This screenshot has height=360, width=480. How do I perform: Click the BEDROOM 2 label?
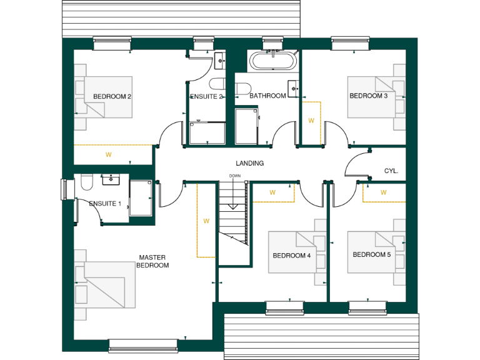coord(112,97)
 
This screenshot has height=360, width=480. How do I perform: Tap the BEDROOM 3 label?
coord(368,96)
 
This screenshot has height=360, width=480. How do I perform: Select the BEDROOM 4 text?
coord(291,256)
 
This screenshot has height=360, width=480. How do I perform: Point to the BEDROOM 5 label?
coord(371,255)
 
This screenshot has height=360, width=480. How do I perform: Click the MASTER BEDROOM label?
coord(154,261)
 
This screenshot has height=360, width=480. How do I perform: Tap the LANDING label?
coord(249,163)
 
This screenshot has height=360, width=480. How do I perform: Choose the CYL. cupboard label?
coord(391,171)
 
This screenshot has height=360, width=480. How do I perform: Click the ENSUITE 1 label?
coord(105,204)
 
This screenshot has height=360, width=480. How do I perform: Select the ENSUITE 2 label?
coord(207,97)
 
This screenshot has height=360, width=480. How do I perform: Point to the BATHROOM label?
coord(267,96)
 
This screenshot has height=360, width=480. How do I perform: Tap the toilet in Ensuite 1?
coord(86,182)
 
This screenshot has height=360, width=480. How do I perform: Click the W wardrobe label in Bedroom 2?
coord(108,154)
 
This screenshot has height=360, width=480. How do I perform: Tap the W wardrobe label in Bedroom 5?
coord(384,192)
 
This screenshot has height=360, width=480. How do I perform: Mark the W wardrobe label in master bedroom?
coord(206,221)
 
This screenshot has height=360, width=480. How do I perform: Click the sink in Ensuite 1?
coord(111,180)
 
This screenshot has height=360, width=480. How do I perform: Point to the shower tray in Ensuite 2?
coord(207,132)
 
